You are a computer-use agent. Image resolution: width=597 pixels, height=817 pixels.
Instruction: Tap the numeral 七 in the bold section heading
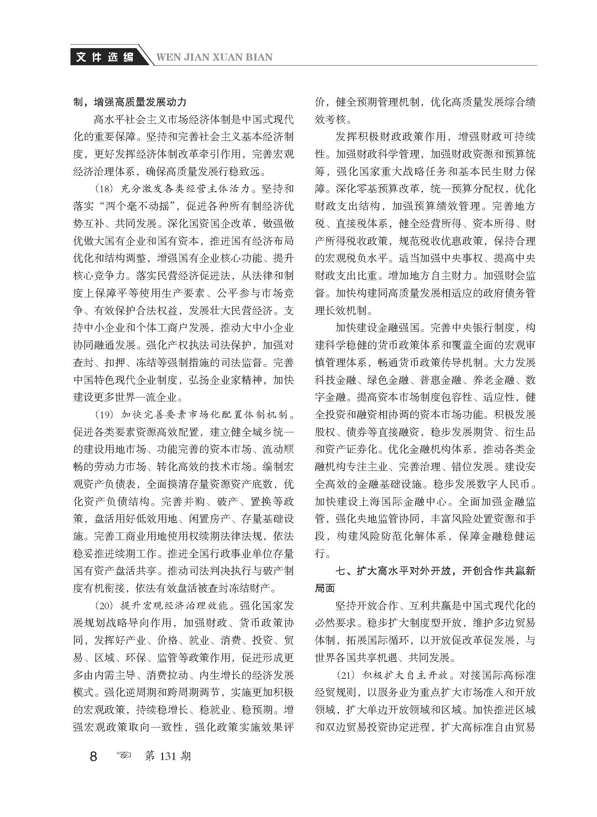pos(341,571)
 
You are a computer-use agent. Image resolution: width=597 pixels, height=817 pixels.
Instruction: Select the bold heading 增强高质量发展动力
pos(140,102)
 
